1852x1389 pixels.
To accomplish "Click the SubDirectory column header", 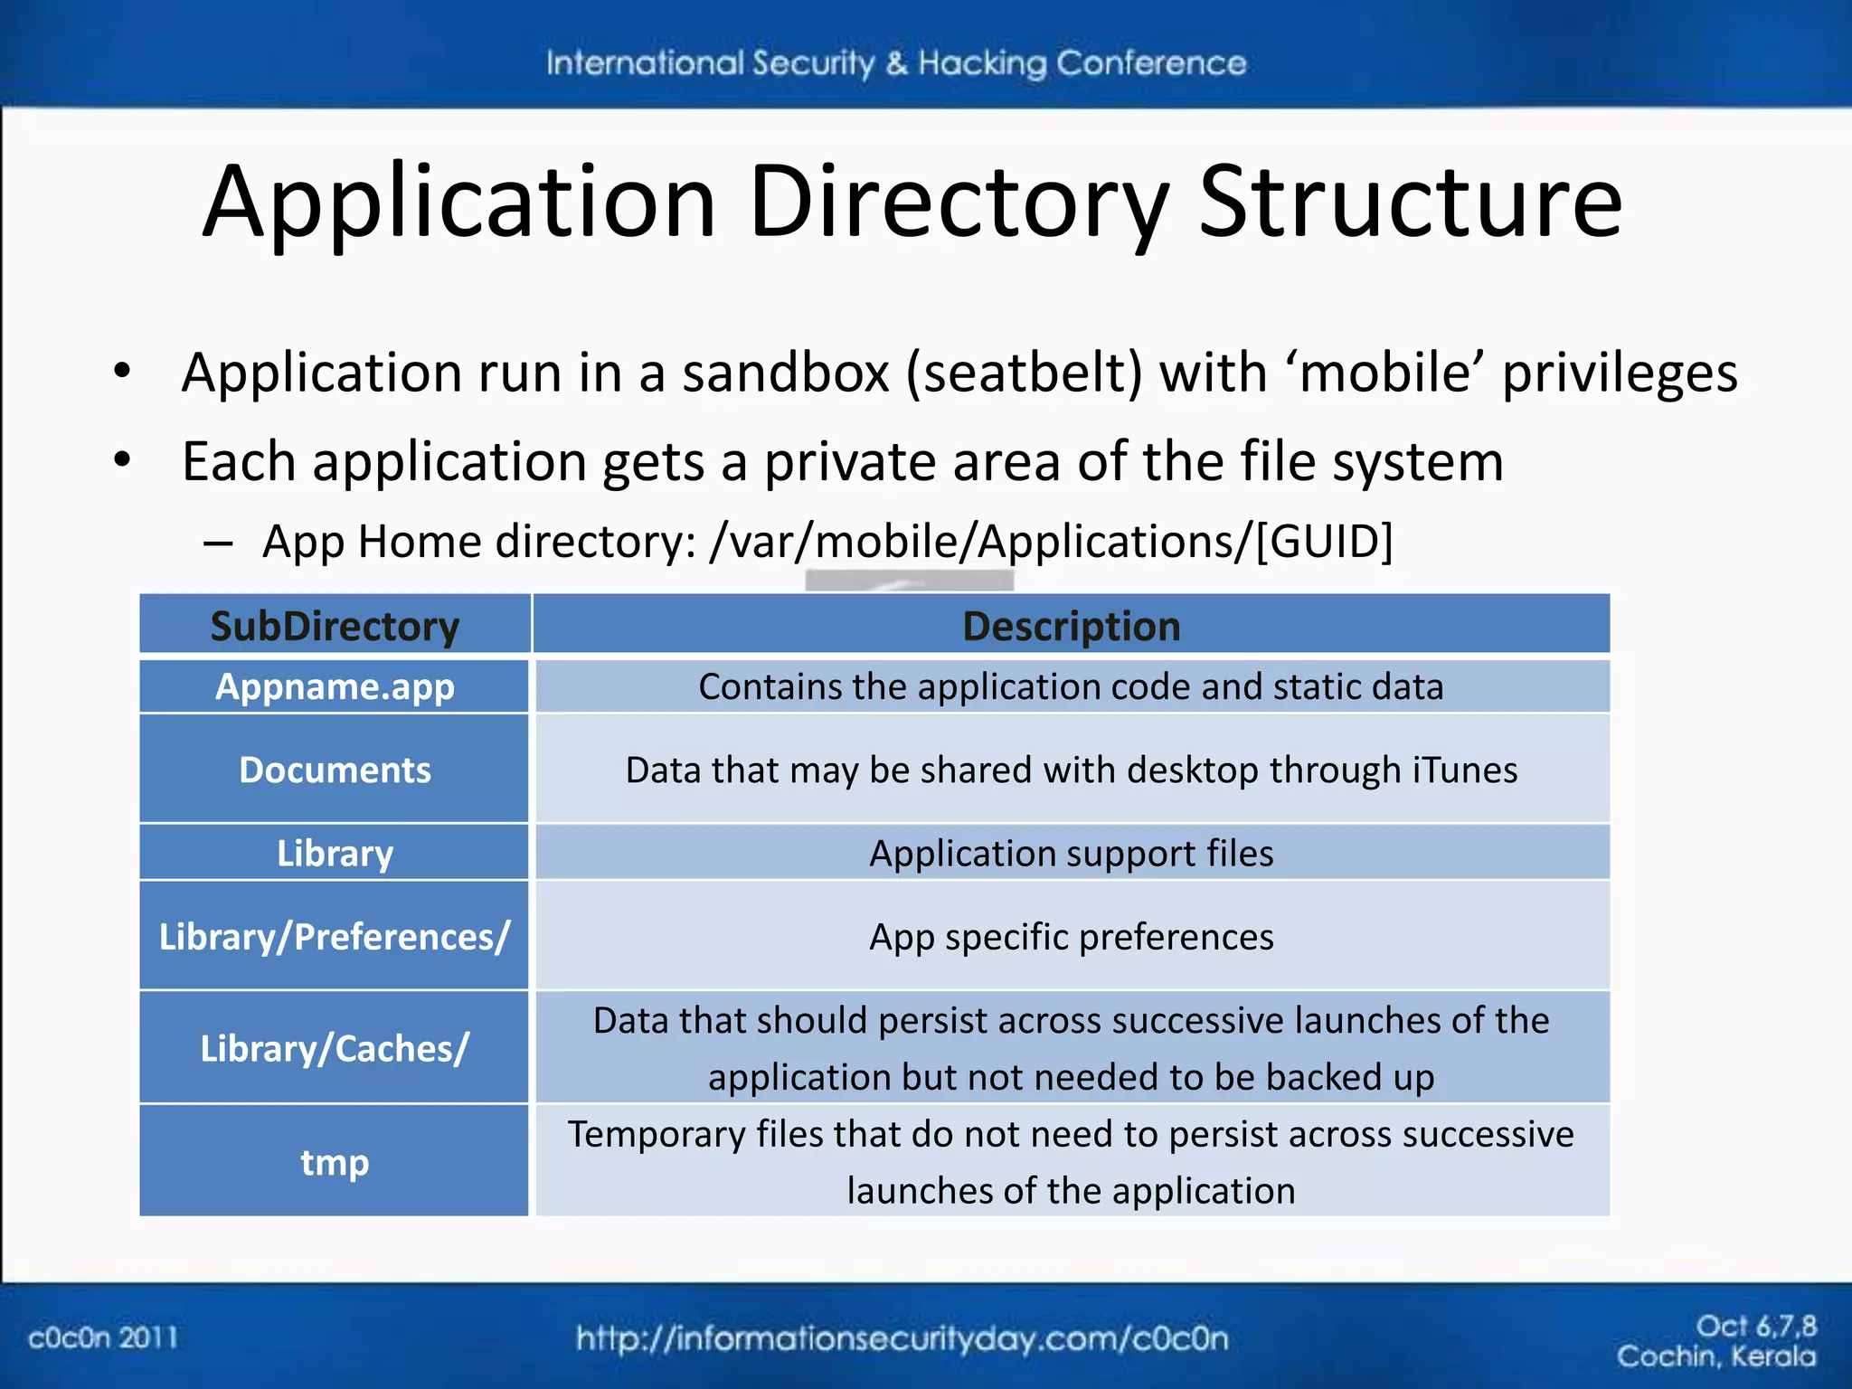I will point(335,626).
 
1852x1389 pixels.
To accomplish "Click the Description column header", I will point(1072,626).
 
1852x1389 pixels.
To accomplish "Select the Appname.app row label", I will point(335,687).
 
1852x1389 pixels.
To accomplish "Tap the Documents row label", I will point(335,770).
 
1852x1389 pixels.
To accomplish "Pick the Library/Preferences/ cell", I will point(335,937).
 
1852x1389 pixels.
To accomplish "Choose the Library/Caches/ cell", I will point(335,1048).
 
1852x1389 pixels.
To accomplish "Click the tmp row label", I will point(335,1162).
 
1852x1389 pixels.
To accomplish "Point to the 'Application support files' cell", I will point(1072,854).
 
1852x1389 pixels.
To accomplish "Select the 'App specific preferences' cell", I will point(1072,937).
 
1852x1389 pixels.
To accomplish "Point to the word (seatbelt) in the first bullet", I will point(1025,373).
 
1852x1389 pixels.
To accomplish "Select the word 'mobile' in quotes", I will point(1391,373).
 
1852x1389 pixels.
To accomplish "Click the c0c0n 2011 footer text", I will point(103,1337).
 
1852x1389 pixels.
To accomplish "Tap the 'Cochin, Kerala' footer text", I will point(1715,1356).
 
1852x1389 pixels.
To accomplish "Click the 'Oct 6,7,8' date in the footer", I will point(1755,1326).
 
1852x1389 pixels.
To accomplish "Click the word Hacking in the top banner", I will point(982,63).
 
